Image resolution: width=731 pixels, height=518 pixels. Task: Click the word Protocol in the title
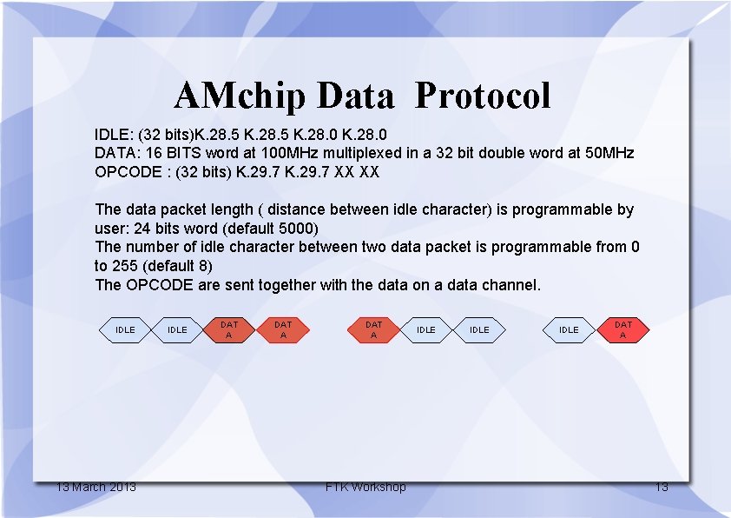[483, 96]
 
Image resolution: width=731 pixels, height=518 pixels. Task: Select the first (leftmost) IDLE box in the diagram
[125, 330]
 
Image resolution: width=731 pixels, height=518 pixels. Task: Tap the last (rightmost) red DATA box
[623, 330]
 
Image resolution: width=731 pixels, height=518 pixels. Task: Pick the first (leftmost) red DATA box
[229, 330]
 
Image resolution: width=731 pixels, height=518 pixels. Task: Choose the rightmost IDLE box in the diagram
[569, 330]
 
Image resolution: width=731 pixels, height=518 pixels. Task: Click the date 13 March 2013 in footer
[96, 487]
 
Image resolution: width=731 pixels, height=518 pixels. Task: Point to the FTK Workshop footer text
[365, 487]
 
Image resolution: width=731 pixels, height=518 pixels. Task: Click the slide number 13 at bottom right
[662, 487]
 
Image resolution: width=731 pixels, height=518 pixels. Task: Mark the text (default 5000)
[270, 229]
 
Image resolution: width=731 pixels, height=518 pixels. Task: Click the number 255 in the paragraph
[125, 266]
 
